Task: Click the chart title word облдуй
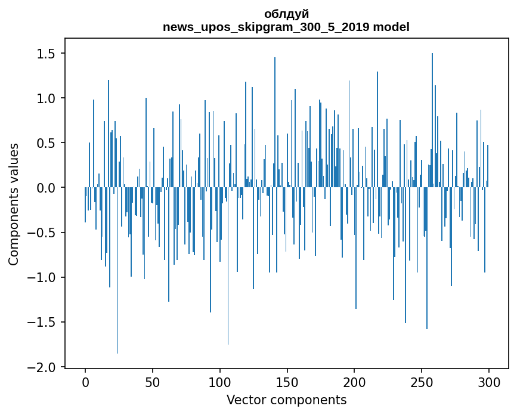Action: pos(286,14)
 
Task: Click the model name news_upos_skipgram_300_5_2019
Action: pos(266,27)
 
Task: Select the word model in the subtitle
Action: pos(391,27)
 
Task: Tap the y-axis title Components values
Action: pos(14,205)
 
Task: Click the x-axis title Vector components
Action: pos(286,400)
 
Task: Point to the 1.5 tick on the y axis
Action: pos(47,54)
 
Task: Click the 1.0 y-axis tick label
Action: pos(47,98)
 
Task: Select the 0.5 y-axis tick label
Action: pos(47,143)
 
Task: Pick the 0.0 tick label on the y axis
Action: pos(47,188)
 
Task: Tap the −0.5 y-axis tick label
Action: pos(42,233)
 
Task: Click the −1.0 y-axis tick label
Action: pos(42,277)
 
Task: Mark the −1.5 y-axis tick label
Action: pos(42,323)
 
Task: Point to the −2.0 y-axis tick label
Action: pos(42,367)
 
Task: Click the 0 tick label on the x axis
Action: pos(85,382)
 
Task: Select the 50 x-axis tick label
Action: pos(152,382)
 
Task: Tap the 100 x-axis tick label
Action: pos(219,382)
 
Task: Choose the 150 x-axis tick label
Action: pos(287,382)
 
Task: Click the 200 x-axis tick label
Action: pos(354,382)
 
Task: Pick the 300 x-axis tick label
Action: pos(488,382)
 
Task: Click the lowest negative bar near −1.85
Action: pos(117,270)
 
